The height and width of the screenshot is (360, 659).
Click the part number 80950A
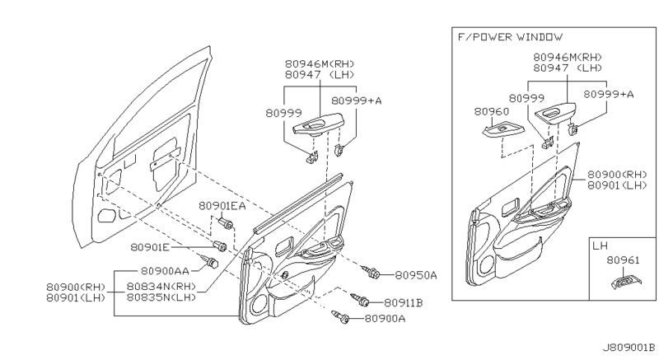pos(416,275)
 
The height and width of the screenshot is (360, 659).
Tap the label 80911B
pos(404,302)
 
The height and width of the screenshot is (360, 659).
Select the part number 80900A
pos(385,319)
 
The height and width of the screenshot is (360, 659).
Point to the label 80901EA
pos(222,206)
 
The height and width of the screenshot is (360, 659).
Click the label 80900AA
pos(165,271)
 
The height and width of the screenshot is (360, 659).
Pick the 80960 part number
pos(491,111)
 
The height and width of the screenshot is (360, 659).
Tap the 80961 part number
pos(623,260)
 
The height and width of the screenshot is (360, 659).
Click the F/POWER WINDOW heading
pos(510,37)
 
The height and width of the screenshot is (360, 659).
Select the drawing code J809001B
pos(629,348)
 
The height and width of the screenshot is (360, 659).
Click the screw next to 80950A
pos(372,272)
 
